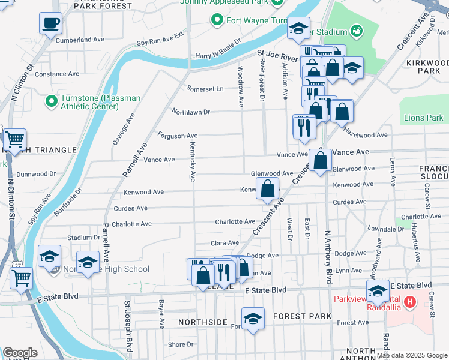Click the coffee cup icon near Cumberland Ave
51,23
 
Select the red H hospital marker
410,301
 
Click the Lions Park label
423,118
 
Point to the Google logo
20,353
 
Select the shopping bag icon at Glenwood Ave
321,160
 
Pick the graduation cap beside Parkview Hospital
378,292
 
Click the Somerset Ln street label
205,89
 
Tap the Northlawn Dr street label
191,112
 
